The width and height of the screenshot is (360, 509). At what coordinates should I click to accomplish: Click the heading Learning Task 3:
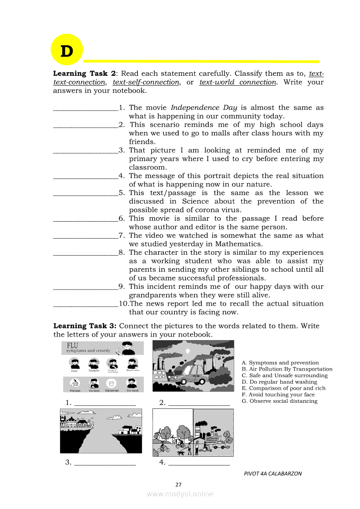(85, 326)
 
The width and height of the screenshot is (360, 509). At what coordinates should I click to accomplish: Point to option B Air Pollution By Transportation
(287, 369)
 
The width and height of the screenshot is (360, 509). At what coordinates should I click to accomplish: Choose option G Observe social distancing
(279, 401)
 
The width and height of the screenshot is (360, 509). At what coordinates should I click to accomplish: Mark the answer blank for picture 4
(199, 463)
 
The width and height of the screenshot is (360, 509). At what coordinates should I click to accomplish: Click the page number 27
(178, 485)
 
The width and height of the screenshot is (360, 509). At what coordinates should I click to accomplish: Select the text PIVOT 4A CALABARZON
(273, 474)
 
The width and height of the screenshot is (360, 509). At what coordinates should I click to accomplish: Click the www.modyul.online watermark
(180, 494)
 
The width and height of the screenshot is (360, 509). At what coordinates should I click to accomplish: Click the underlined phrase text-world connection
(238, 82)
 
